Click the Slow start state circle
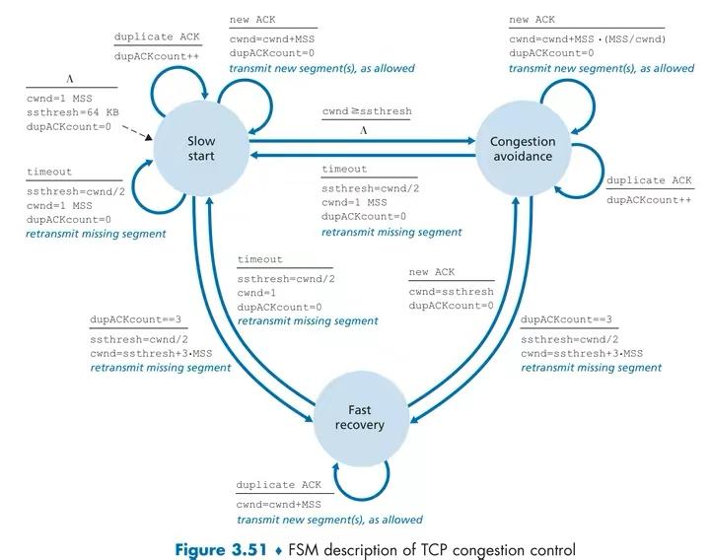(x=201, y=149)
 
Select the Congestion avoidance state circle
(x=523, y=149)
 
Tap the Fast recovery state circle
(x=359, y=418)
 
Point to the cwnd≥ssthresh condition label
(x=367, y=112)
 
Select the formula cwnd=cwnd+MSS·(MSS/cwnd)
(x=588, y=38)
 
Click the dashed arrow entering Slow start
(x=139, y=134)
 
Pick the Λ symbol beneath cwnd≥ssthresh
(x=365, y=129)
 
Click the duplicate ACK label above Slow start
(x=157, y=36)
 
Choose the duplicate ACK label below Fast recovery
(x=279, y=485)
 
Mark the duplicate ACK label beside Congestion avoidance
(x=648, y=180)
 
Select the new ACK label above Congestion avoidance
(x=532, y=20)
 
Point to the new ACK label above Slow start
(x=252, y=20)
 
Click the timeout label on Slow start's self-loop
(x=49, y=173)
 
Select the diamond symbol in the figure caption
(x=279, y=549)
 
